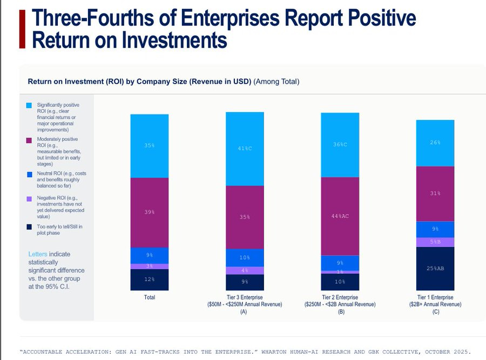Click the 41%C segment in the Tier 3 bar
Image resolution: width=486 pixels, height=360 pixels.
pos(245,148)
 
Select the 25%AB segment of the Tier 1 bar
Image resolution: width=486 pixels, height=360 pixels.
pos(435,268)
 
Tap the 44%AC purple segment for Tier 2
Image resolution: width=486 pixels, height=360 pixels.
pos(340,216)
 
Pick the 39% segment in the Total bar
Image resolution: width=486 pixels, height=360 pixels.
pos(149,212)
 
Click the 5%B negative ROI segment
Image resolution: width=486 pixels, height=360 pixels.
pos(435,242)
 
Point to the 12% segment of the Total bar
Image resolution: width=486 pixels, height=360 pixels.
pos(149,280)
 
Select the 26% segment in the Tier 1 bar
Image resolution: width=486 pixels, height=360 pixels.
pos(435,142)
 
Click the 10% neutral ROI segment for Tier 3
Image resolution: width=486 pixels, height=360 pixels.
pos(245,257)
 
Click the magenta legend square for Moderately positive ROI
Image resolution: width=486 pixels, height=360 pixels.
pos(29,140)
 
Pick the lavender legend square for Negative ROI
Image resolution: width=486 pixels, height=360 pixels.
pos(29,198)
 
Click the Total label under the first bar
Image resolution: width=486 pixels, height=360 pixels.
pos(149,297)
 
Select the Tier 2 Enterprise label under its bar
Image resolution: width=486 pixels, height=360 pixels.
pos(340,297)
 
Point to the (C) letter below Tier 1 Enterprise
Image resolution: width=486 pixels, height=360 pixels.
pos(435,312)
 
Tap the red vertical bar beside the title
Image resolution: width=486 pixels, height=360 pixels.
pos(22,28)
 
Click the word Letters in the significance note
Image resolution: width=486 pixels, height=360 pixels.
pos(37,254)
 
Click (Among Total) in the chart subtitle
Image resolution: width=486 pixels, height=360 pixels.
pos(276,81)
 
